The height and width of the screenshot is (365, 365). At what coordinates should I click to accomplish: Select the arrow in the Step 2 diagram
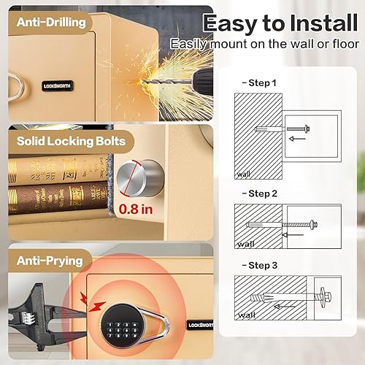point(297,235)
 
